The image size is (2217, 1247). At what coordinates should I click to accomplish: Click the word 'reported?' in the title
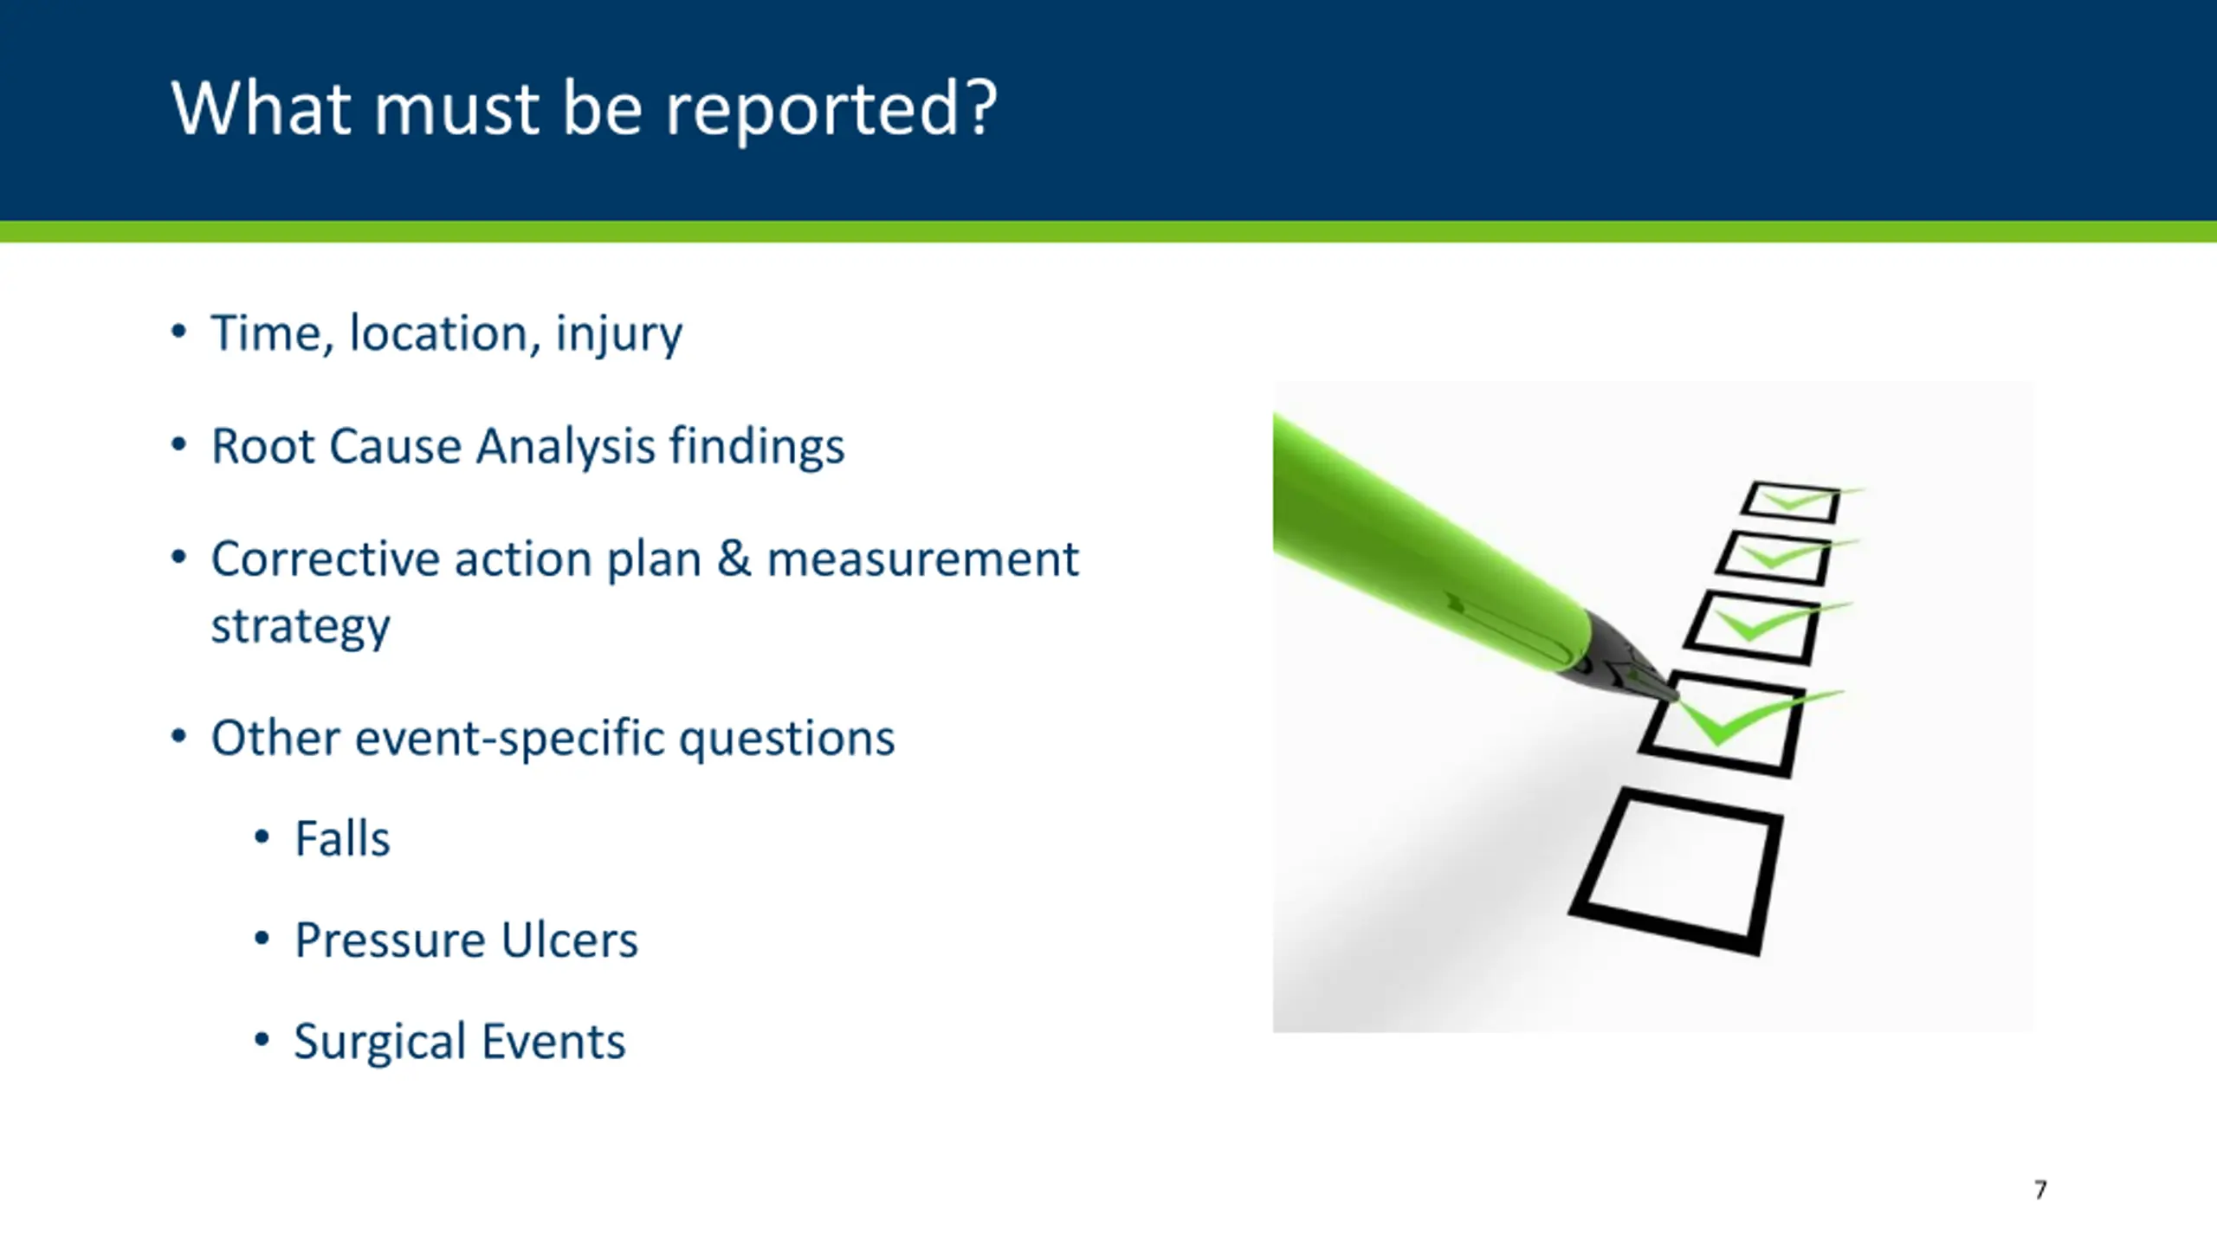831,111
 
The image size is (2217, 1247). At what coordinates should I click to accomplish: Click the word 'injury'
618,335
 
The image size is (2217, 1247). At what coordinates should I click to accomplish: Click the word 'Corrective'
325,559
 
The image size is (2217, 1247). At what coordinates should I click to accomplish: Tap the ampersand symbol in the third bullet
734,559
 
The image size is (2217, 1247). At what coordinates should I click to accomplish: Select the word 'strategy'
301,627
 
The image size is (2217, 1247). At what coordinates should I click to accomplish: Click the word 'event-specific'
509,740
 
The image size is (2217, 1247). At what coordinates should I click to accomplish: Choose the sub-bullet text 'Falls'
342,838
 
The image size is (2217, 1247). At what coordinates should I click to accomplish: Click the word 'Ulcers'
569,940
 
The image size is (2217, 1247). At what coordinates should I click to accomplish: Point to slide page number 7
2040,1190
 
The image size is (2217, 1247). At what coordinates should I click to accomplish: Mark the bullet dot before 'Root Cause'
178,445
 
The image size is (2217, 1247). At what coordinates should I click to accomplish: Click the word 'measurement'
923,559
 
